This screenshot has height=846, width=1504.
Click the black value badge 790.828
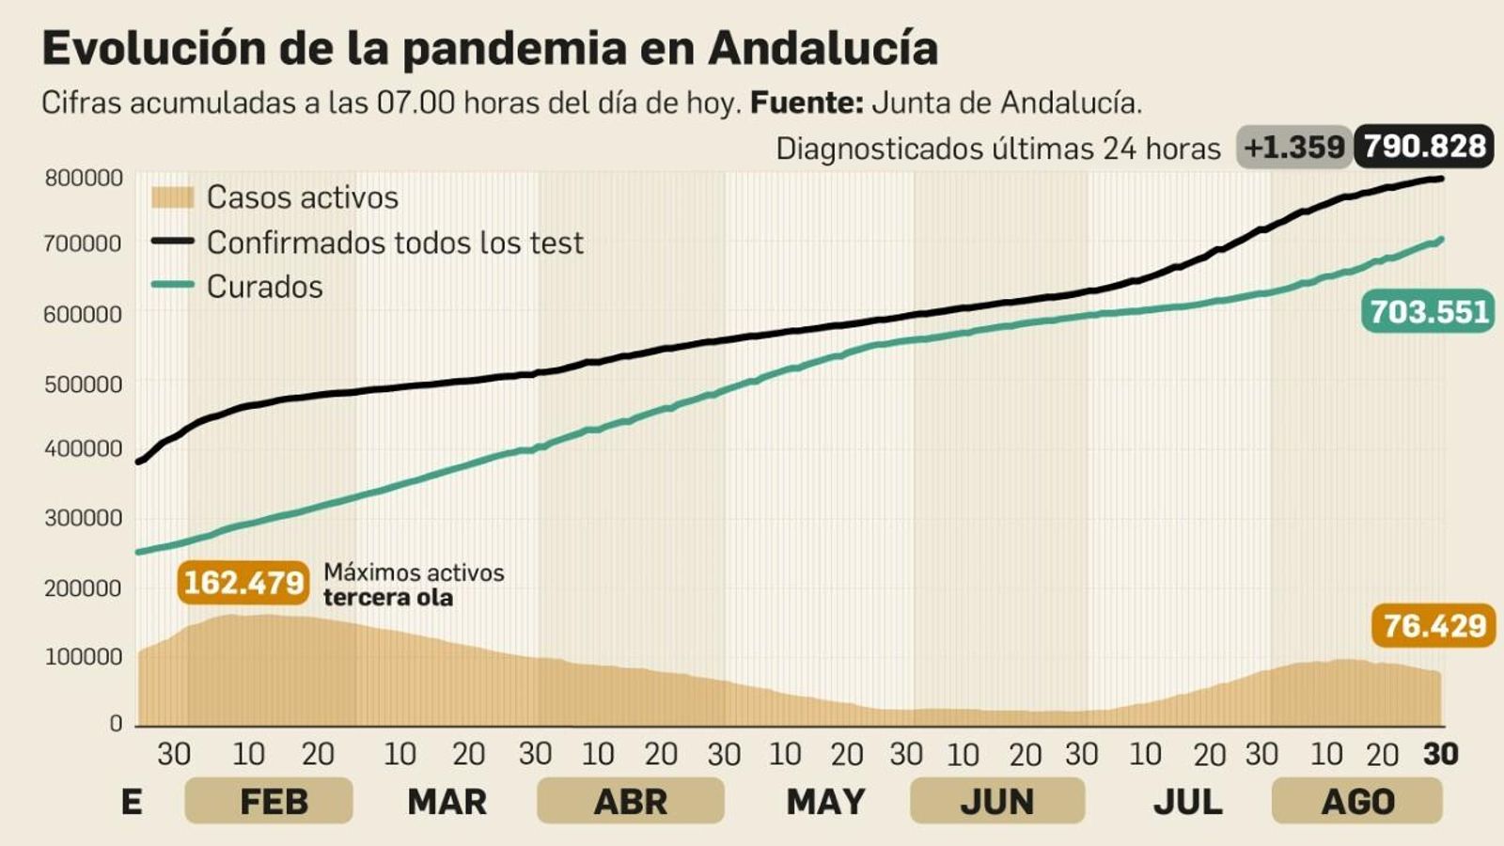click(1424, 147)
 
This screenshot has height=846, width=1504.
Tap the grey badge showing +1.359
click(1293, 148)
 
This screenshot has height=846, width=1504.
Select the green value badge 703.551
click(1428, 311)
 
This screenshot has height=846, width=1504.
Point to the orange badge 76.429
click(1433, 625)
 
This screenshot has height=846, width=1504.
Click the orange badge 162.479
click(243, 583)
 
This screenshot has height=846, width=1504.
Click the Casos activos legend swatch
click(172, 197)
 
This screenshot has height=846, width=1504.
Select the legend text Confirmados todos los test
click(395, 243)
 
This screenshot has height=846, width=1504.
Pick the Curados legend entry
click(264, 287)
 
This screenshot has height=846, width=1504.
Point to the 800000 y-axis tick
click(83, 178)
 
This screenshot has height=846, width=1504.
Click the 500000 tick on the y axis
click(83, 384)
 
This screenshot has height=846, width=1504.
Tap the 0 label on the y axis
click(116, 723)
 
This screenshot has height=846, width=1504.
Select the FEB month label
click(273, 802)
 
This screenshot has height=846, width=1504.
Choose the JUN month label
click(996, 802)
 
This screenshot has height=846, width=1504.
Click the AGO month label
click(1356, 802)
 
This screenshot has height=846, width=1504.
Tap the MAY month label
click(825, 802)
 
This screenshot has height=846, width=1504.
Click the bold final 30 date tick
click(1440, 754)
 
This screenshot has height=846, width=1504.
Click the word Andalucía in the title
click(822, 48)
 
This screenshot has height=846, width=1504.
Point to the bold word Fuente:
click(806, 102)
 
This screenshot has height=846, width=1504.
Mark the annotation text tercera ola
click(387, 598)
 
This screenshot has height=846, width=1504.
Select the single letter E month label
click(132, 802)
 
